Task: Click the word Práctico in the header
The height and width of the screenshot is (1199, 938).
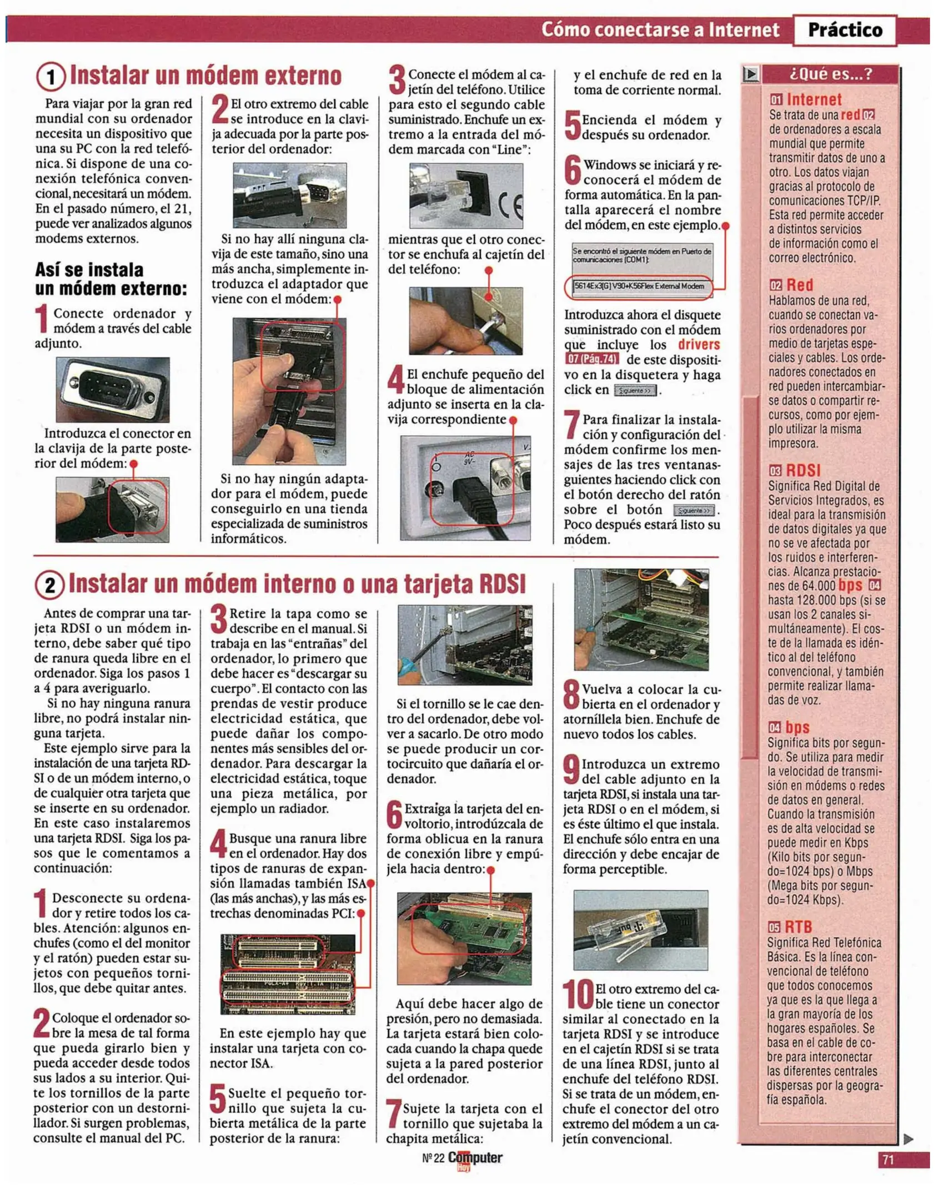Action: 844,30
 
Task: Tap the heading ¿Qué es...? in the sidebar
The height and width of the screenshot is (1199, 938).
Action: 830,74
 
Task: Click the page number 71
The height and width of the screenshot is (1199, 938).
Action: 887,1160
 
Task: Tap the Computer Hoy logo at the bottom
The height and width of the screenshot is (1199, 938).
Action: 474,1158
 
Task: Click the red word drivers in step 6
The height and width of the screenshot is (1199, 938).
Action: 698,345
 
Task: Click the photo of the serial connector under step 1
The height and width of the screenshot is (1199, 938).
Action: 113,390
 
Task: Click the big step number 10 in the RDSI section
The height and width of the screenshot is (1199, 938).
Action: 578,995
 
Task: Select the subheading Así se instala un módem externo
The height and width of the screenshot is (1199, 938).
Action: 111,279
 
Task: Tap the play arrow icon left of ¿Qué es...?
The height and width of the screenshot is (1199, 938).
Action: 750,74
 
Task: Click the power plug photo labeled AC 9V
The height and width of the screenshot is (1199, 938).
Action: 465,488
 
